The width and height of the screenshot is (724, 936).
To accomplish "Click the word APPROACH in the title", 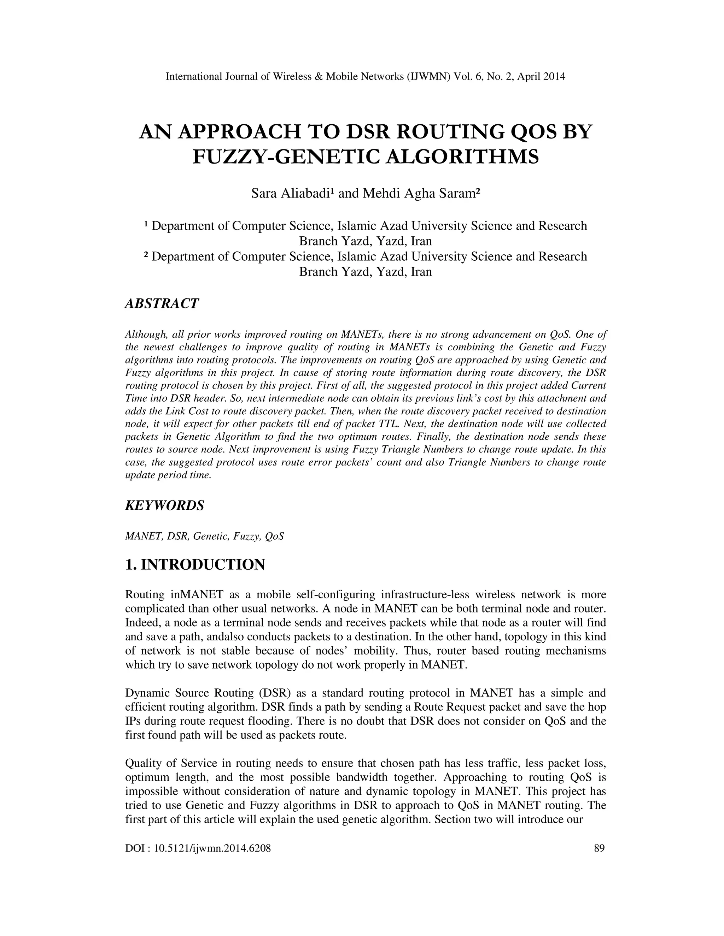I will coord(239,132).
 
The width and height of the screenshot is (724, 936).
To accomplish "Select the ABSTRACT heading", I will coord(162,303).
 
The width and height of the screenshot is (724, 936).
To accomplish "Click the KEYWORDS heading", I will coord(164,505).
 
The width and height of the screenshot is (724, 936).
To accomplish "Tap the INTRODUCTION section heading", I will coord(203,565).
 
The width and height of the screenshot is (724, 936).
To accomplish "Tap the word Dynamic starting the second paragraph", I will coord(147,693).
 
